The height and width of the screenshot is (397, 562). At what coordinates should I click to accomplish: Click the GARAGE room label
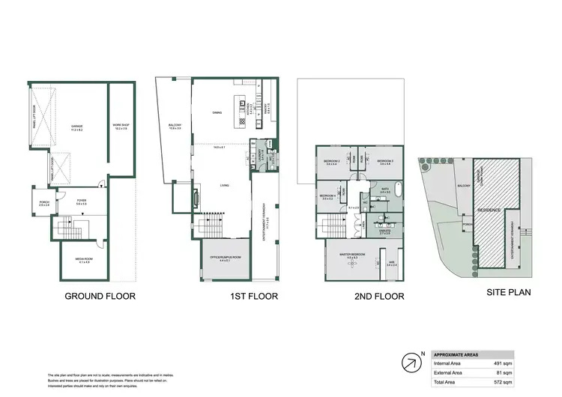pyautogui.click(x=76, y=127)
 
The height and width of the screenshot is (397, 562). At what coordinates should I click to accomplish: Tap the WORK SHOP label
pyautogui.click(x=121, y=126)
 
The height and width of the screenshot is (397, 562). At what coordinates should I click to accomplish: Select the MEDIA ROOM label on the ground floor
pyautogui.click(x=82, y=261)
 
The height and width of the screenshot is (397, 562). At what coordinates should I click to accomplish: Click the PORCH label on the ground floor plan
pyautogui.click(x=40, y=201)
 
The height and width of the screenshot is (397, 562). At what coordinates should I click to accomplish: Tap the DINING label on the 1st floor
pyautogui.click(x=218, y=112)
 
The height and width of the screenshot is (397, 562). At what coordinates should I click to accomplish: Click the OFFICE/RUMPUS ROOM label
pyautogui.click(x=225, y=258)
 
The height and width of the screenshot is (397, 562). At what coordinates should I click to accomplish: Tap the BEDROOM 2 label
pyautogui.click(x=332, y=162)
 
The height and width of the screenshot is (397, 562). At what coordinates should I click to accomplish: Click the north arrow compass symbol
pyautogui.click(x=411, y=364)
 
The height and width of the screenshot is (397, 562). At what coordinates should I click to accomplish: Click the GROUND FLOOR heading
pyautogui.click(x=100, y=297)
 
